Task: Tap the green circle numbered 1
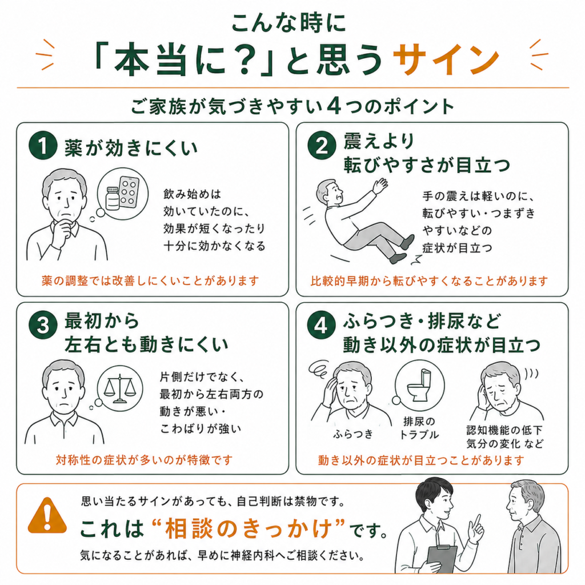(x=43, y=146)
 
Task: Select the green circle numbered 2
(x=322, y=146)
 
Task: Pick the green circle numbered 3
(x=43, y=325)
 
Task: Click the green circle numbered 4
(x=321, y=325)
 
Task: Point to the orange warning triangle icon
(x=47, y=515)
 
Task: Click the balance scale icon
(x=119, y=388)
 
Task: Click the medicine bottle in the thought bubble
(x=113, y=198)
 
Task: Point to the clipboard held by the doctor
(x=443, y=559)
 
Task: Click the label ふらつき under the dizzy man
(x=353, y=434)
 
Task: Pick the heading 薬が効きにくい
(x=131, y=148)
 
